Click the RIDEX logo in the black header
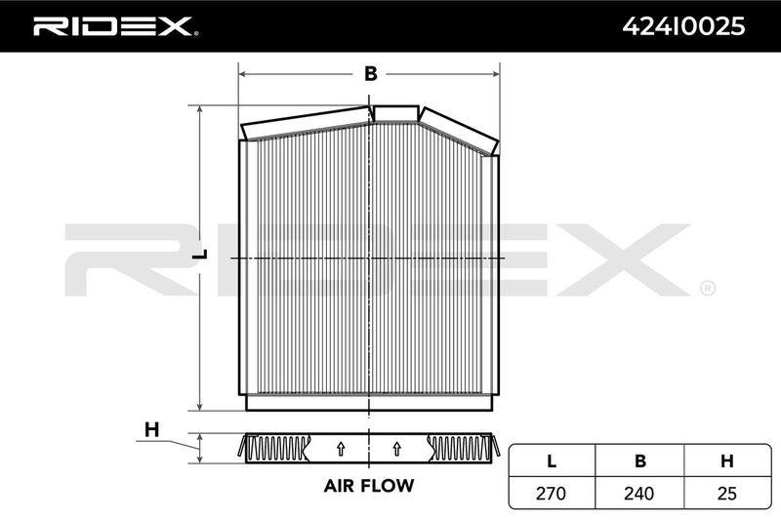[115, 26]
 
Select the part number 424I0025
[683, 26]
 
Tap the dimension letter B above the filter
[371, 73]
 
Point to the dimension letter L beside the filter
[200, 254]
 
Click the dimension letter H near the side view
[152, 429]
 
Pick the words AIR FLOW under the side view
[369, 485]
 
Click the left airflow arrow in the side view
[341, 449]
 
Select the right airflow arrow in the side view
[396, 449]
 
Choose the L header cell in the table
[552, 461]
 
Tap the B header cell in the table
[640, 461]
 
